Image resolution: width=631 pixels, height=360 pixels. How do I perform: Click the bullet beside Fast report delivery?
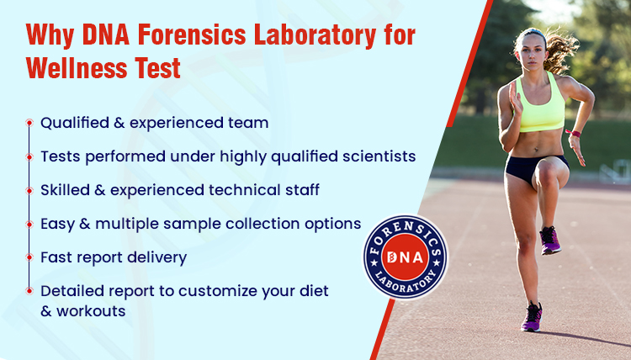pyautogui.click(x=29, y=256)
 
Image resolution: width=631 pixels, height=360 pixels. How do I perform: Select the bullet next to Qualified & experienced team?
pyautogui.click(x=29, y=123)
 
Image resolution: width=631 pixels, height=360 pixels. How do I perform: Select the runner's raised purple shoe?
pyautogui.click(x=550, y=241)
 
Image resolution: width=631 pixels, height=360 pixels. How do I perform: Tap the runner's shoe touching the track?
pyautogui.click(x=532, y=317)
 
